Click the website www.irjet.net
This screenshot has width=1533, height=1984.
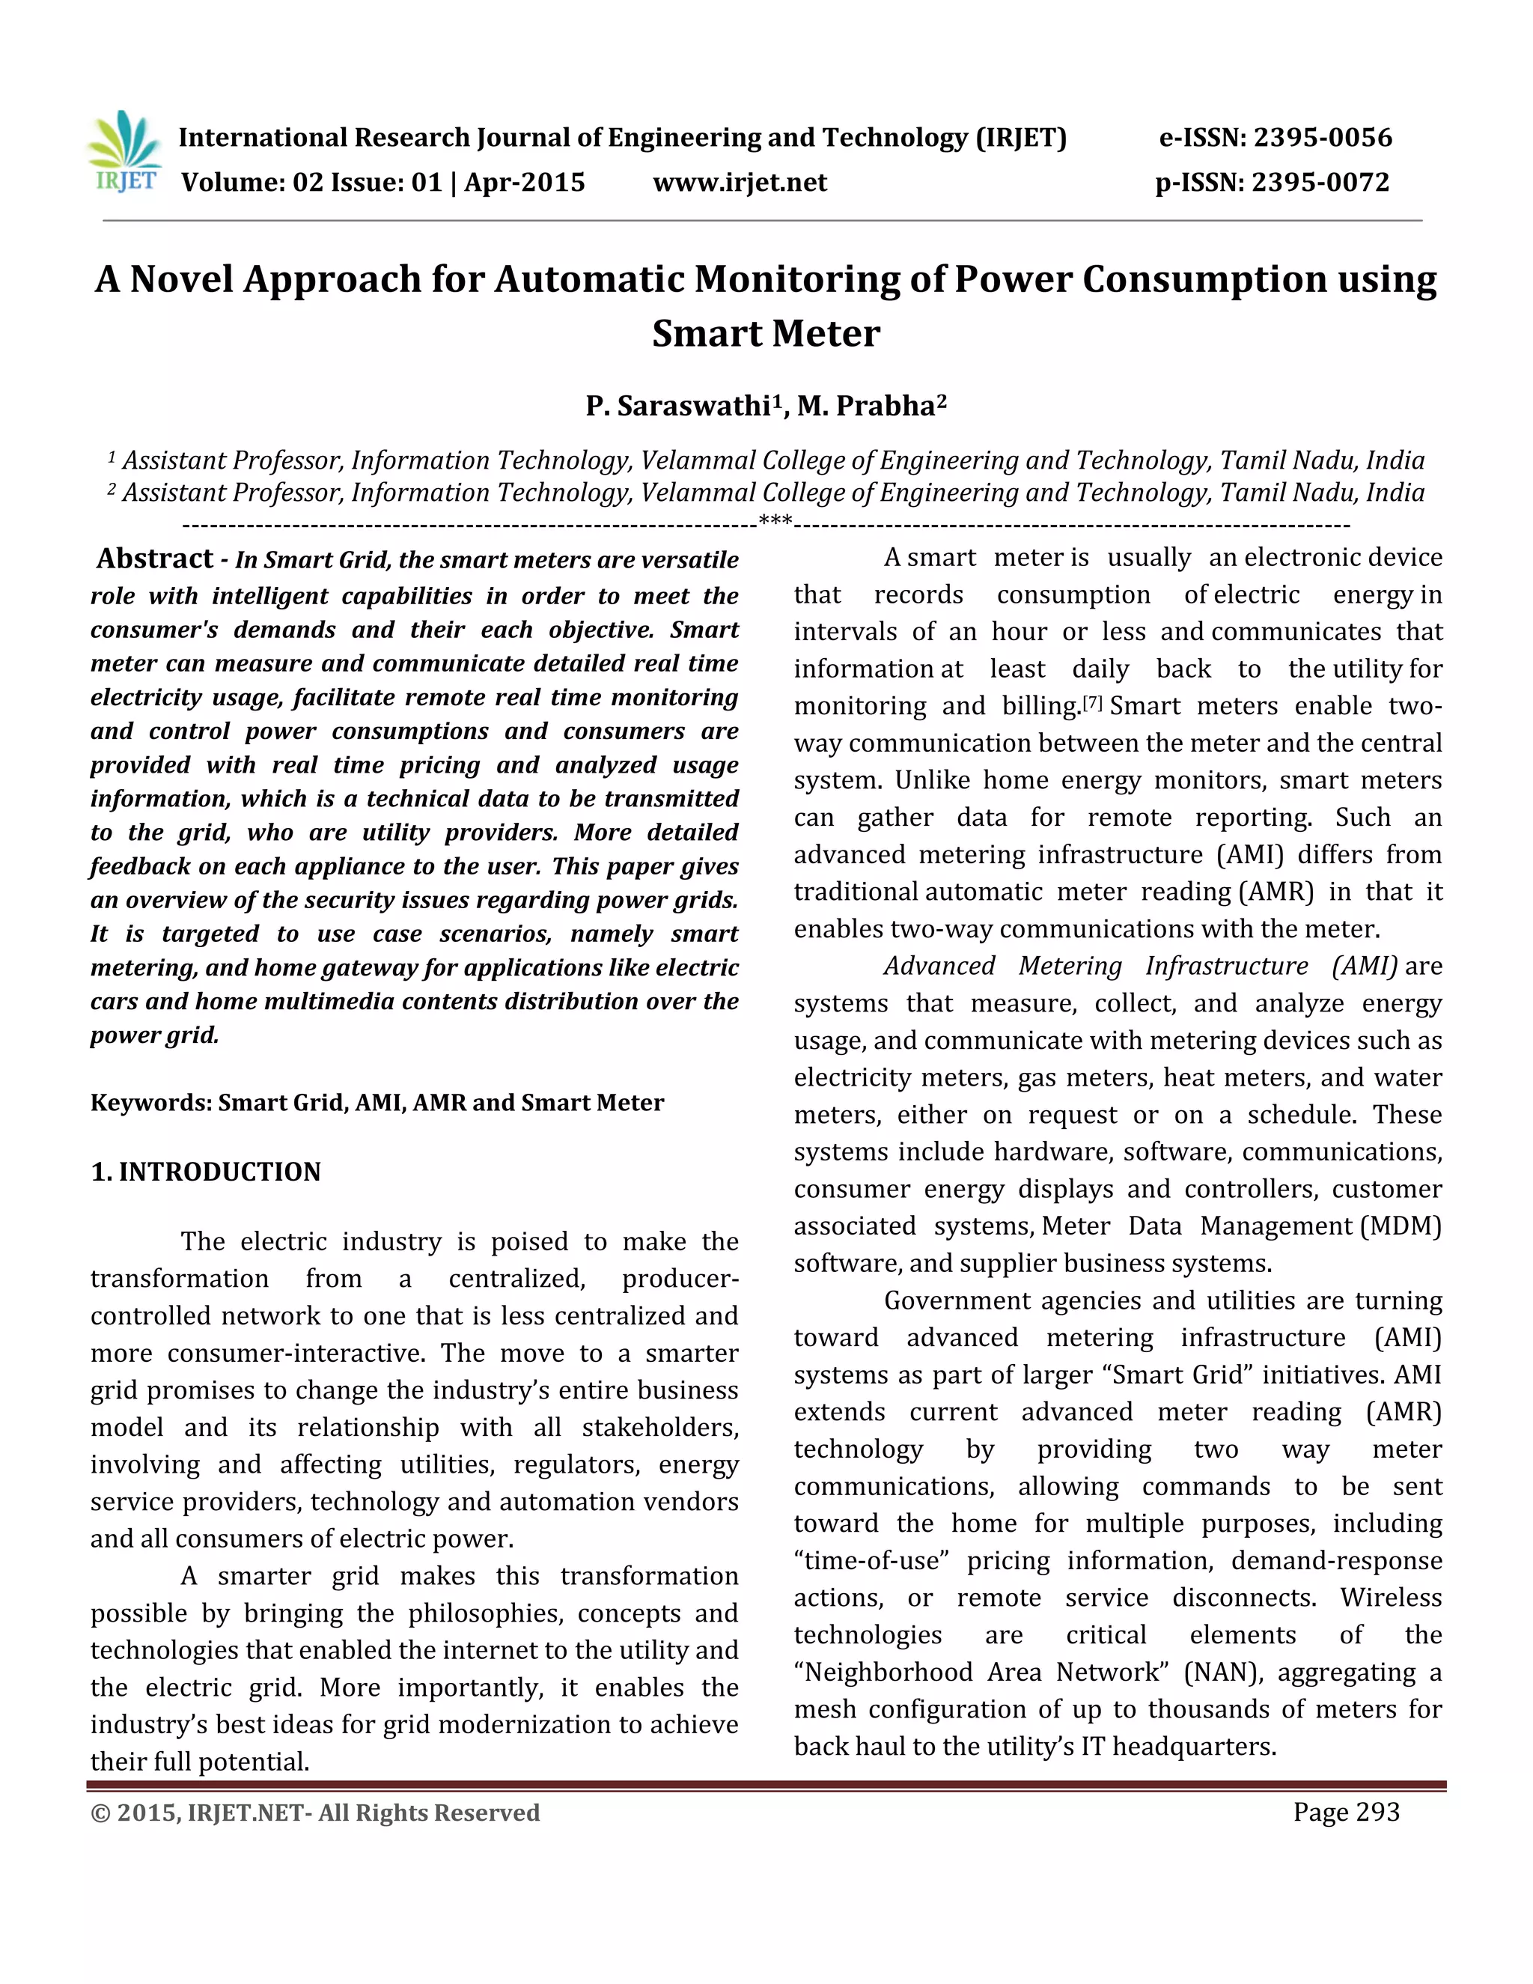(x=740, y=183)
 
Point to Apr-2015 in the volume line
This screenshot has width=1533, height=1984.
(x=525, y=183)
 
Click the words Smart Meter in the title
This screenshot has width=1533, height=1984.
(x=766, y=333)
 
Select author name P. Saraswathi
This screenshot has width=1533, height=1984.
(x=677, y=406)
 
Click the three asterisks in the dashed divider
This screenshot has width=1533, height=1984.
(x=775, y=523)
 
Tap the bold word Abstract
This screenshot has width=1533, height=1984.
(x=154, y=559)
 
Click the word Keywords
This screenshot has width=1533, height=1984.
(x=150, y=1103)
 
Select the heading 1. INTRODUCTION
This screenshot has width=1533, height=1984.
(x=206, y=1172)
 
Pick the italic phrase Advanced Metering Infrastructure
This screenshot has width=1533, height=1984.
(x=1095, y=966)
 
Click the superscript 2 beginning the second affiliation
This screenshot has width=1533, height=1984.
(x=112, y=490)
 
